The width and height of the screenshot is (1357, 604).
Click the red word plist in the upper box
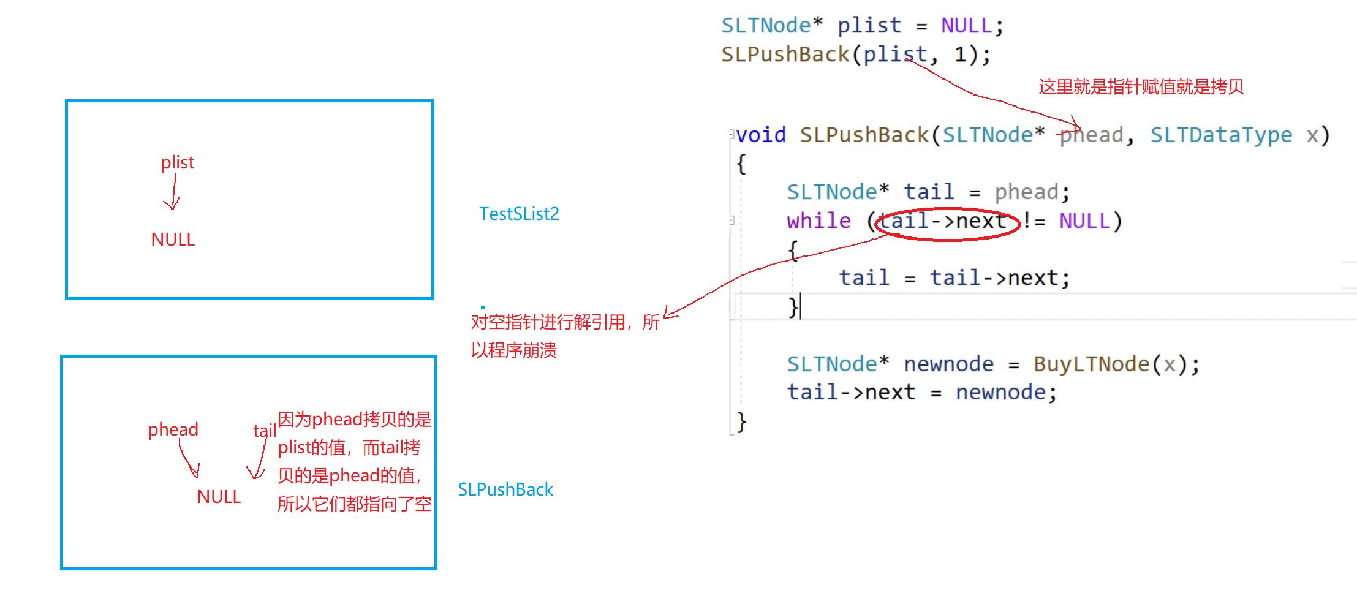pyautogui.click(x=177, y=162)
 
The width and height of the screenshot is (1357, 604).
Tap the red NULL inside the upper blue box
pyautogui.click(x=173, y=240)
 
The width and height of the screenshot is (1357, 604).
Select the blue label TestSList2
pyautogui.click(x=519, y=214)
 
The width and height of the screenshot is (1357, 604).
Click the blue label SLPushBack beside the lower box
pyautogui.click(x=505, y=489)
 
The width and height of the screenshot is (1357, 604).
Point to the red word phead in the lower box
pyautogui.click(x=173, y=429)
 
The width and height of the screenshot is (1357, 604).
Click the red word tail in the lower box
pyautogui.click(x=264, y=431)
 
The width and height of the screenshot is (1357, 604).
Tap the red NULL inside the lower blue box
pyautogui.click(x=219, y=497)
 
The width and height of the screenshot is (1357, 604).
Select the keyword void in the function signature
pyautogui.click(x=761, y=135)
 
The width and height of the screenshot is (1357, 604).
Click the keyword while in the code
pyautogui.click(x=818, y=221)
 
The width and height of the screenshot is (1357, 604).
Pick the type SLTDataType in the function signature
pyautogui.click(x=1220, y=135)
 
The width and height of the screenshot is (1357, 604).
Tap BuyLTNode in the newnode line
pyautogui.click(x=1091, y=364)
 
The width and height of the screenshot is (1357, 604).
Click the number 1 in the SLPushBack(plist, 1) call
pyautogui.click(x=961, y=55)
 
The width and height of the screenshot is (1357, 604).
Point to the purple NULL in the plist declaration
pyautogui.click(x=966, y=26)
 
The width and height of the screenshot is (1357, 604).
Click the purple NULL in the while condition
pyautogui.click(x=1084, y=221)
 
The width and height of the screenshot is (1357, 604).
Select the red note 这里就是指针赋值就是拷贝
pyautogui.click(x=1141, y=87)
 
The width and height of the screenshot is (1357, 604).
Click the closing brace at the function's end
pyautogui.click(x=742, y=421)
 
